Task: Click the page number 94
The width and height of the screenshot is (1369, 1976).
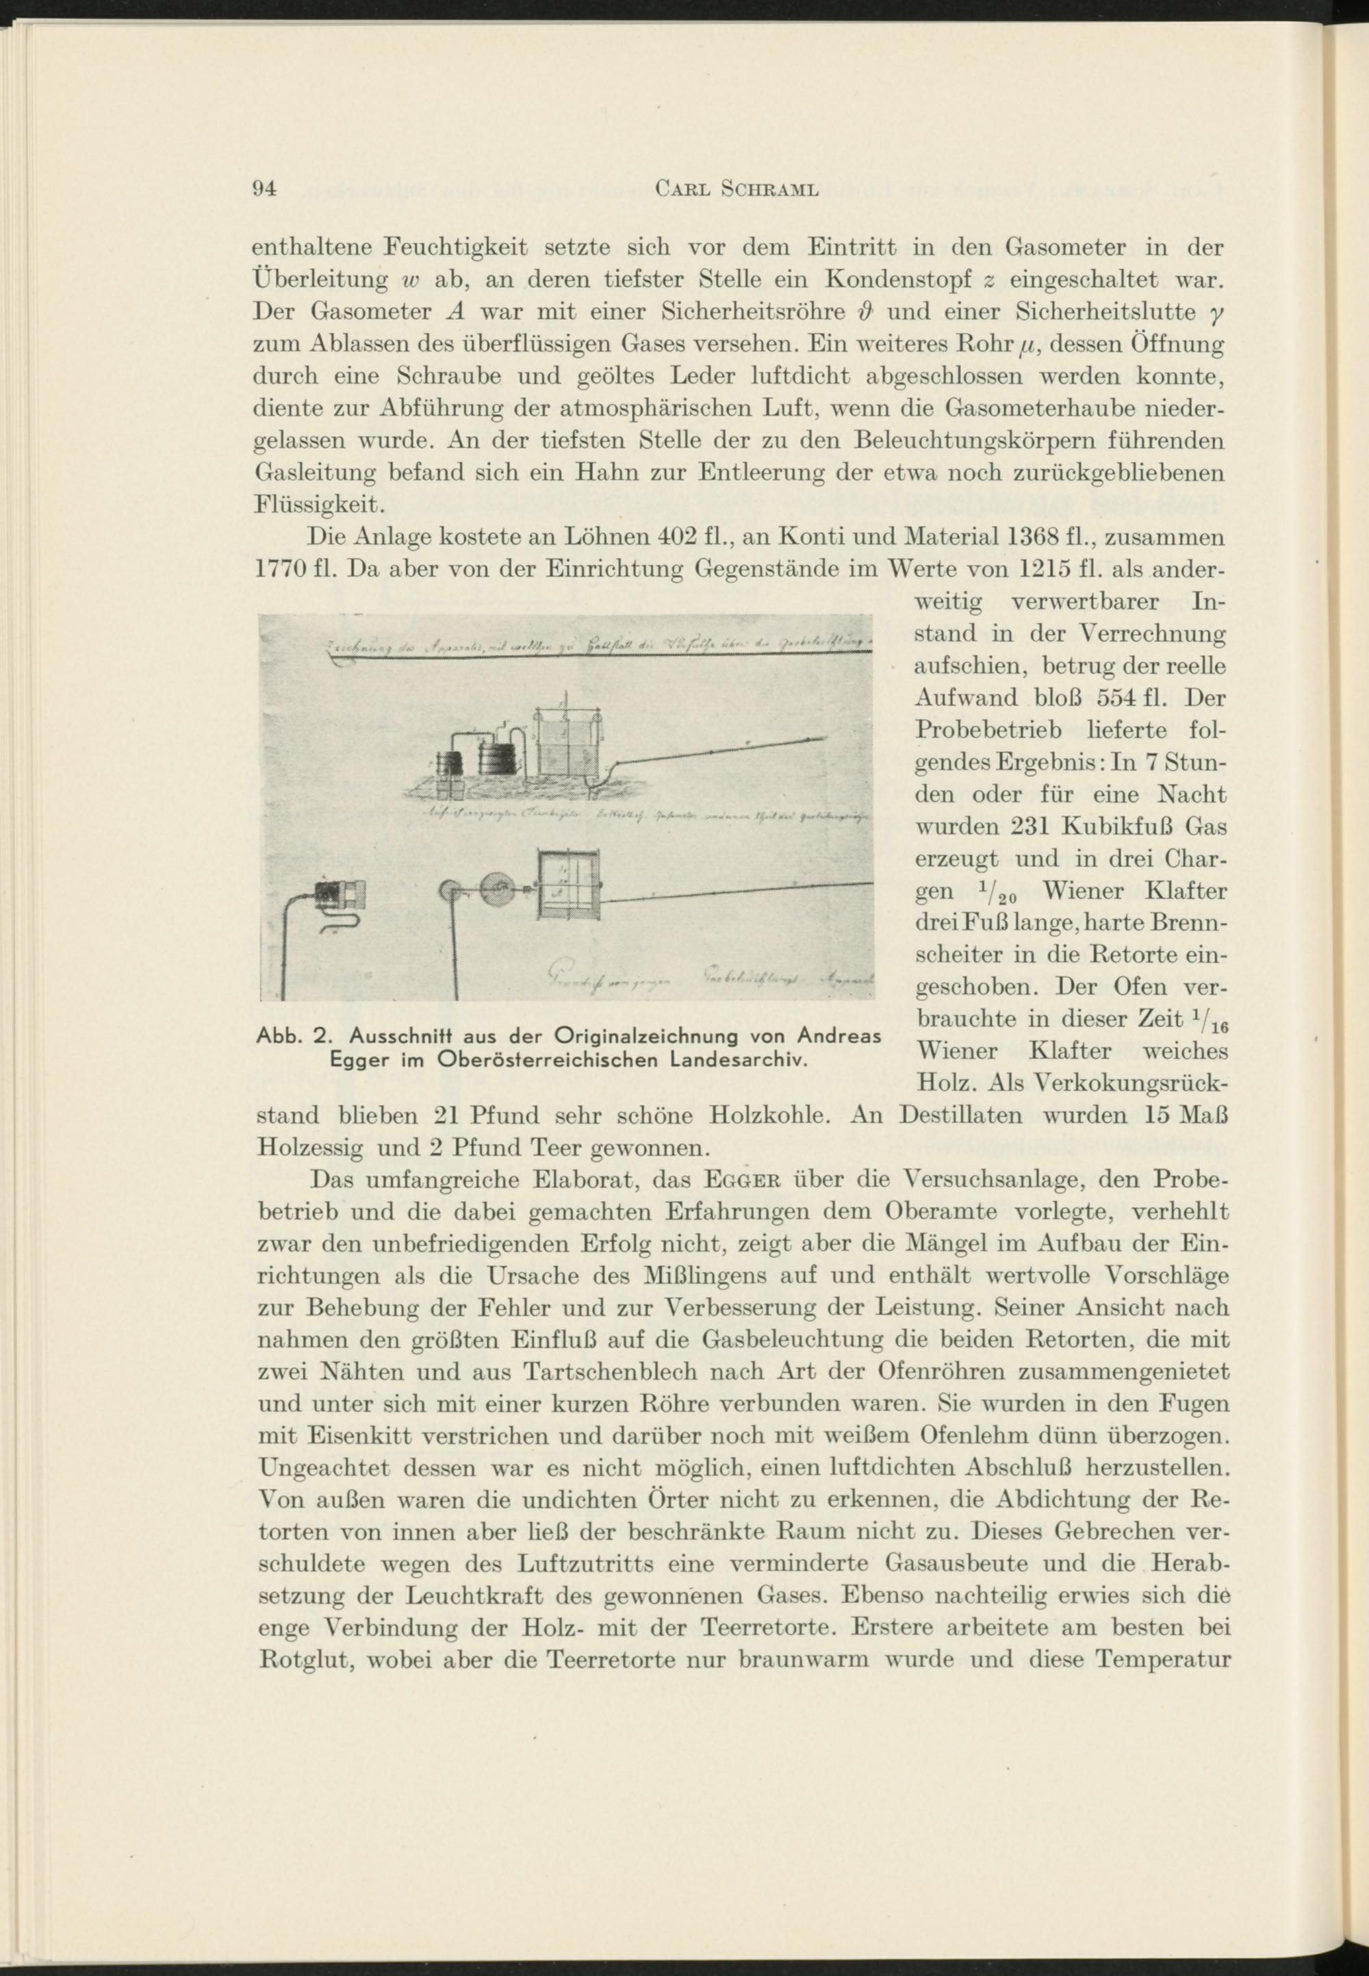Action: tap(261, 190)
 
